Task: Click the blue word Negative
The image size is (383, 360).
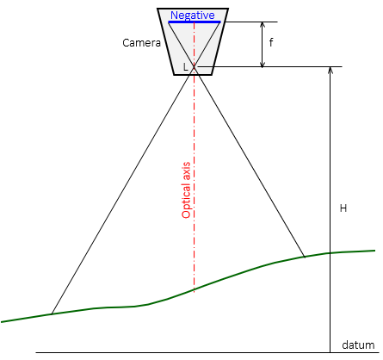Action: (193, 16)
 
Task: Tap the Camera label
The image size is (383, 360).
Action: (141, 43)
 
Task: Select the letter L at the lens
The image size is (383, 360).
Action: (186, 67)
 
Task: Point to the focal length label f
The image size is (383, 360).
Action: (271, 42)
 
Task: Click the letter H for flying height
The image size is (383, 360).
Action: (343, 208)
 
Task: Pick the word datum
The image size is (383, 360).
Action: (358, 344)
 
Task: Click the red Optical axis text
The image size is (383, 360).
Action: (186, 190)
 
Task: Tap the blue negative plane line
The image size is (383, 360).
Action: (195, 22)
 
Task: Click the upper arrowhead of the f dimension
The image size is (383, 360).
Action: (262, 24)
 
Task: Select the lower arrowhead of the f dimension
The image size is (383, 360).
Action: (262, 65)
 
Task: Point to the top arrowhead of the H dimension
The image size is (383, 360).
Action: (330, 70)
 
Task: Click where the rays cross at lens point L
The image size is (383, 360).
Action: (195, 67)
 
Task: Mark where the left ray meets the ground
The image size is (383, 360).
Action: (52, 314)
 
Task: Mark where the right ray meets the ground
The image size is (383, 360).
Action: (305, 257)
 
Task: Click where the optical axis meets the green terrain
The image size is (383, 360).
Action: (195, 289)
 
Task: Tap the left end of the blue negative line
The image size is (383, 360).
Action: (169, 22)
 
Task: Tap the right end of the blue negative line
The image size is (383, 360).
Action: (220, 22)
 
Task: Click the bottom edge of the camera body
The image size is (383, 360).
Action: (193, 75)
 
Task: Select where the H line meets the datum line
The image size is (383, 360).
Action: (330, 352)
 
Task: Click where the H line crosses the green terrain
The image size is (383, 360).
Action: (330, 253)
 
